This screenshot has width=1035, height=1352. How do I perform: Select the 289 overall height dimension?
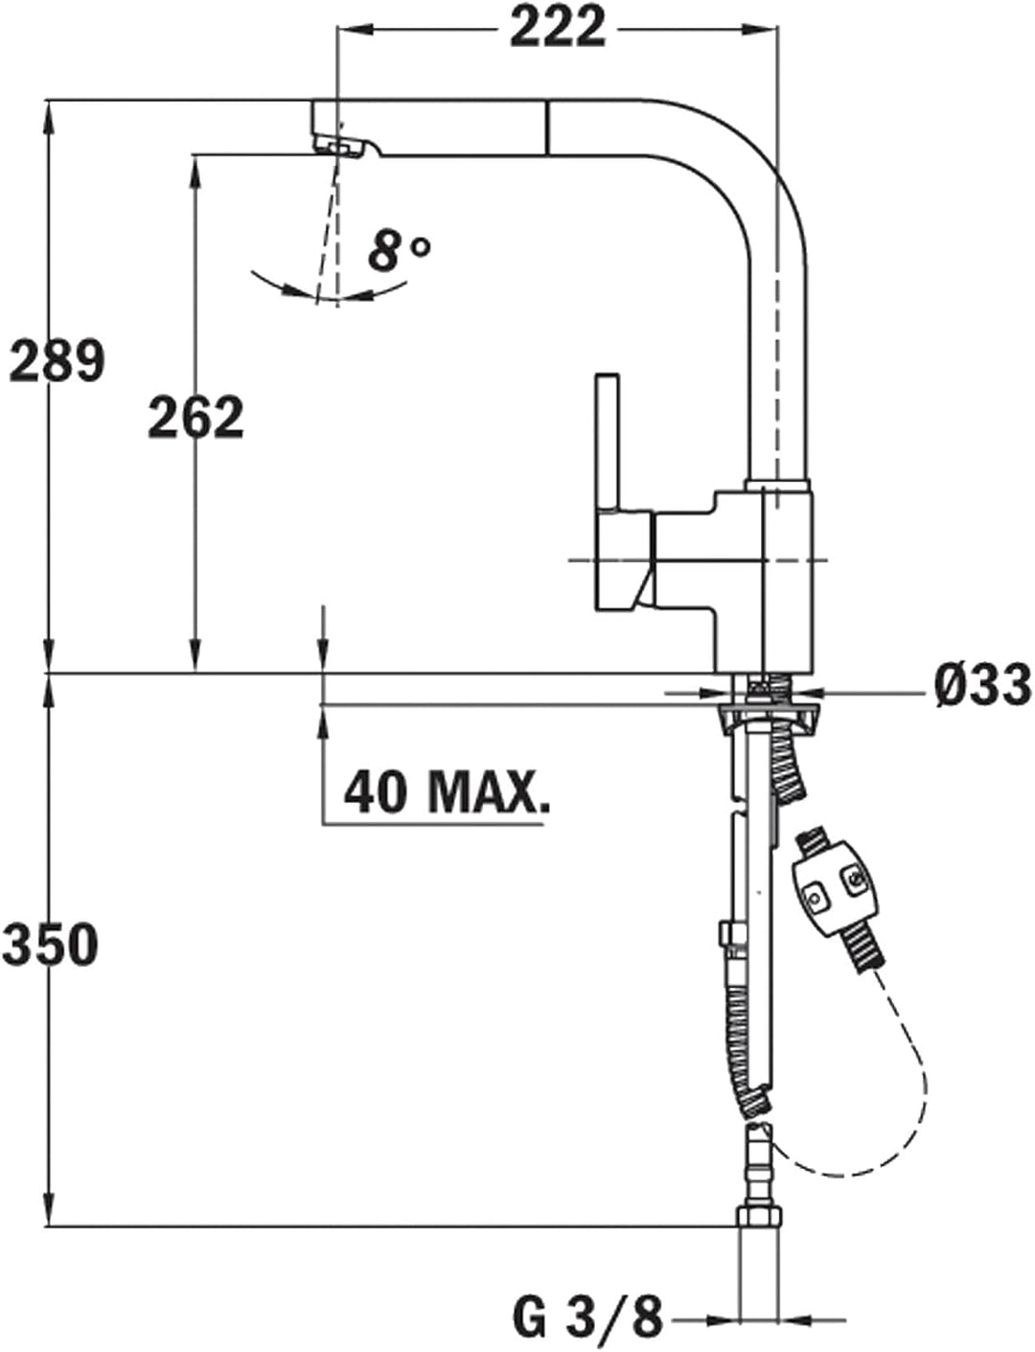pyautogui.click(x=56, y=361)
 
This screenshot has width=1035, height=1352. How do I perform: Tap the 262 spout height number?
pyautogui.click(x=195, y=418)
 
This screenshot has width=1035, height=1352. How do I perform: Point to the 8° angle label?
pyautogui.click(x=398, y=251)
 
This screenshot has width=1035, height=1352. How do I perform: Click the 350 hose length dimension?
pyautogui.click(x=50, y=944)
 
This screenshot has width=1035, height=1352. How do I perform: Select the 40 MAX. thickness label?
pyautogui.click(x=447, y=791)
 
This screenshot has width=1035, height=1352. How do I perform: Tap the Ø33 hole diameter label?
pyautogui.click(x=982, y=685)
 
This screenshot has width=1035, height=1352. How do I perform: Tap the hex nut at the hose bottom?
pyautogui.click(x=759, y=1217)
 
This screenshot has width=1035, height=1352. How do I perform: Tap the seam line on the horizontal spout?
pyautogui.click(x=547, y=126)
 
